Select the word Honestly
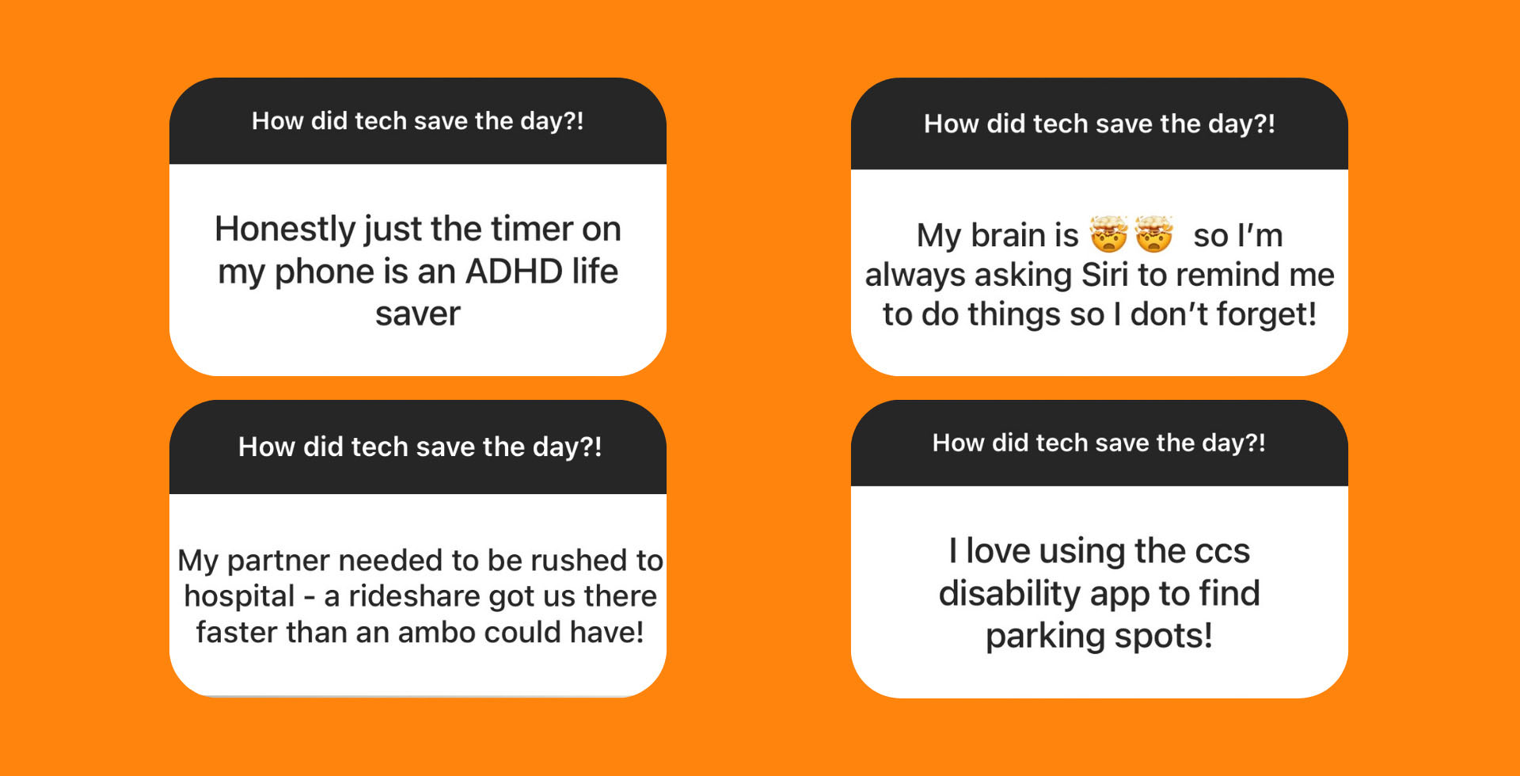pos(286,230)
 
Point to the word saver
pos(417,314)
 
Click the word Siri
pos(1104,275)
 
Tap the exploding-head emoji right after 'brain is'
pos(1108,234)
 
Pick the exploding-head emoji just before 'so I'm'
pos(1153,234)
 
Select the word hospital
pos(239,596)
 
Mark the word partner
pos(278,561)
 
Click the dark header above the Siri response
pos(1099,124)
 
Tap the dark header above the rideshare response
pos(418,447)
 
